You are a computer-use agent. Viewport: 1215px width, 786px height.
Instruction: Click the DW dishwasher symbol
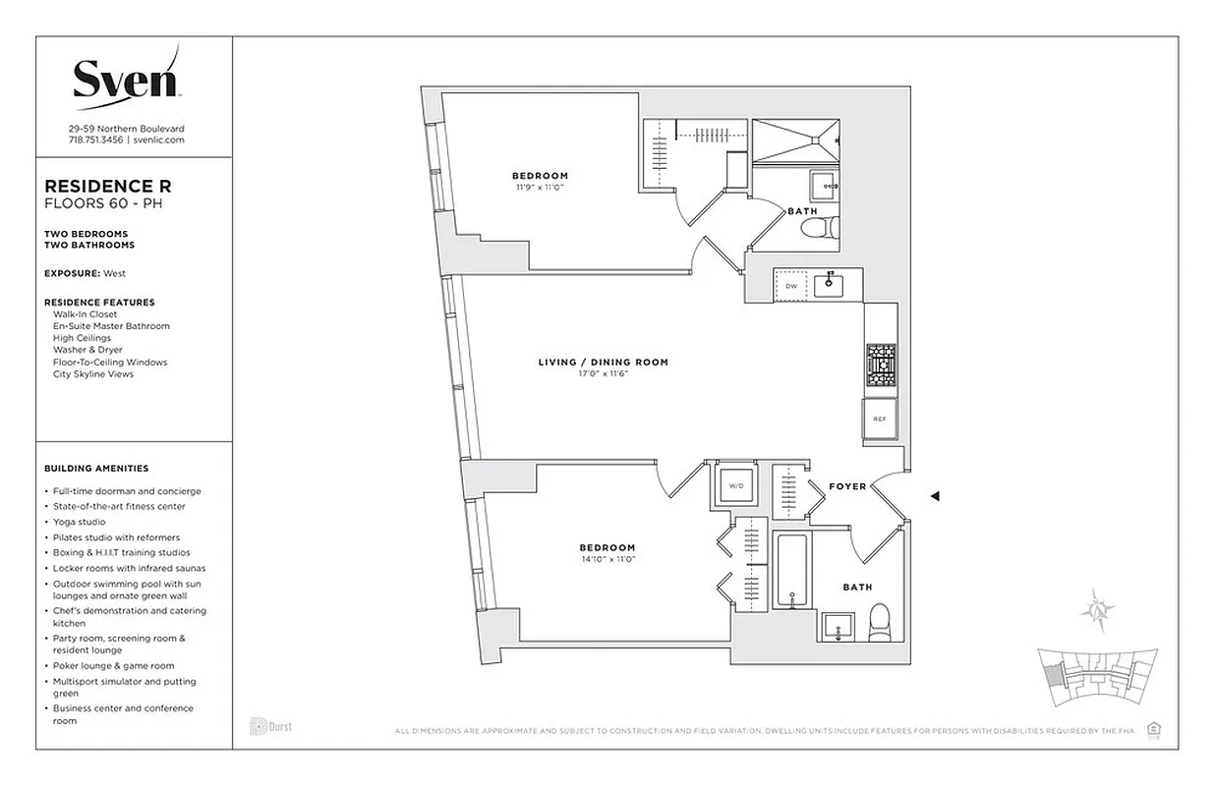point(790,286)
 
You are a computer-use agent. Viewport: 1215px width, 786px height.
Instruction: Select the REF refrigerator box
point(880,420)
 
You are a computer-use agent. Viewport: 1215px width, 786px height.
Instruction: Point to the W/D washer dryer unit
point(735,485)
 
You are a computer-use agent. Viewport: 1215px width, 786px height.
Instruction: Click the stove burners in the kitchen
point(880,366)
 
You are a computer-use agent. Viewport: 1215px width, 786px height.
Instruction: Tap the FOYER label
point(847,486)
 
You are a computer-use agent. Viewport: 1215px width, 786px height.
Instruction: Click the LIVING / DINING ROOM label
point(603,363)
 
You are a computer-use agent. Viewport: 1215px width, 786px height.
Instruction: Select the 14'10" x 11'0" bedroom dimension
point(607,559)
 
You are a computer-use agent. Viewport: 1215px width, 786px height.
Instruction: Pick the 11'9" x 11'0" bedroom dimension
point(540,187)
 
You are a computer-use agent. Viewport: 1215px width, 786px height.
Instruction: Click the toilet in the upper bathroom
point(817,229)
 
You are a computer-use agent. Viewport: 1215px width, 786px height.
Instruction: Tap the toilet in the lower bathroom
point(880,622)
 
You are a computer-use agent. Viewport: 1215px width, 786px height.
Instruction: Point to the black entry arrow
point(935,496)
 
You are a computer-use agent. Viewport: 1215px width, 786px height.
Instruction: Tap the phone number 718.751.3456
point(95,140)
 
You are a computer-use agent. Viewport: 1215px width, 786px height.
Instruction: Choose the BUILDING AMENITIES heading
point(96,469)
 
